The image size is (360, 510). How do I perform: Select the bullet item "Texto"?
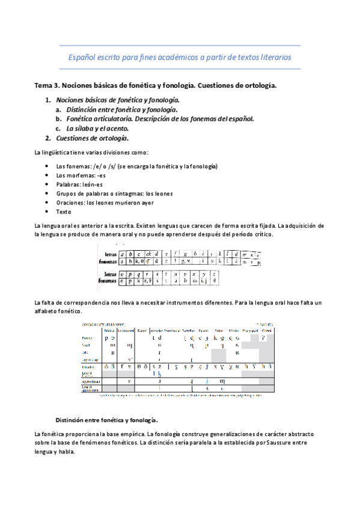point(64,212)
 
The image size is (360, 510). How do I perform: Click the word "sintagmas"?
point(120,193)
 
